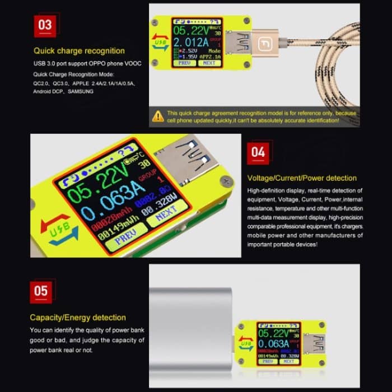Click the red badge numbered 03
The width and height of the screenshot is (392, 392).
point(44,25)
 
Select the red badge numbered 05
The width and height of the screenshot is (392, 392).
point(41,292)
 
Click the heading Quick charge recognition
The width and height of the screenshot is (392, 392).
point(71,50)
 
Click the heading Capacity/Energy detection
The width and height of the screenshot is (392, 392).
point(78,318)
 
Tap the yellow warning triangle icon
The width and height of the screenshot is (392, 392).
point(158,116)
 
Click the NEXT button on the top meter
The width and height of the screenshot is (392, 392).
point(208,63)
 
